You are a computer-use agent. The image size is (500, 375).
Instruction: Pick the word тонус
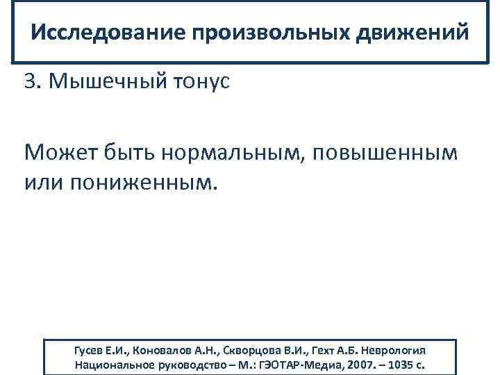click(202, 82)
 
